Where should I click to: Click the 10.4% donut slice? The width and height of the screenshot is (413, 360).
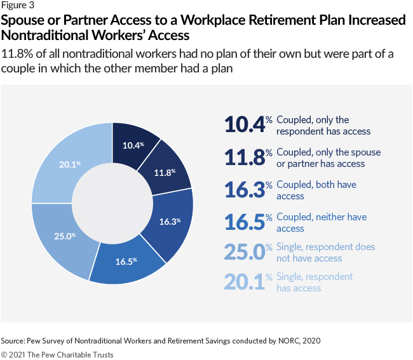135,145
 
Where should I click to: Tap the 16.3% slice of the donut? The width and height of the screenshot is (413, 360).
169,222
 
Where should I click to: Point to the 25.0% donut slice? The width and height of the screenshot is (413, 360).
64,236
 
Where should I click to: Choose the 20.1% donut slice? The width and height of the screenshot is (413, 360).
69,164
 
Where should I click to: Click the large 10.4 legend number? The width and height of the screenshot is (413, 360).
244,125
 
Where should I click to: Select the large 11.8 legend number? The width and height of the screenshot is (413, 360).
244,157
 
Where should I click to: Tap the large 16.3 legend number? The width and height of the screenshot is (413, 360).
244,190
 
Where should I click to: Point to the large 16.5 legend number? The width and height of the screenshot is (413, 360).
244,222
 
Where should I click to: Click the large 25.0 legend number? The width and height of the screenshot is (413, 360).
244,252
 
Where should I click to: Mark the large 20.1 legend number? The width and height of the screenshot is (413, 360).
244,282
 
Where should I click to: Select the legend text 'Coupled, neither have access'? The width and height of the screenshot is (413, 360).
321,222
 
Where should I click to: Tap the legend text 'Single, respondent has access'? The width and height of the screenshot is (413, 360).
314,282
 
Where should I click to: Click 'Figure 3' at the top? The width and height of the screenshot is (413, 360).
18,6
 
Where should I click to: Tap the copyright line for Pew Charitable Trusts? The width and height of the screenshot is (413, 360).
57,354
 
